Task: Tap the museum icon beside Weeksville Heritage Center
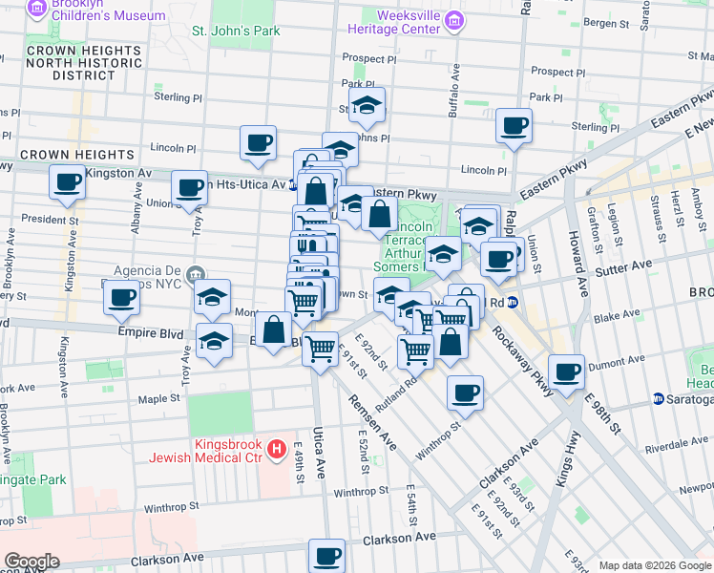454,21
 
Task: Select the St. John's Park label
236,31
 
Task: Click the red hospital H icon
277,448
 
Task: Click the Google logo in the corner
31,562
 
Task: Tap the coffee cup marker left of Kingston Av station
67,181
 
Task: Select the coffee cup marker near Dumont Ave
567,371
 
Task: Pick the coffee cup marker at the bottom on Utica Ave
326,554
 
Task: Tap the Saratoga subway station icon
659,398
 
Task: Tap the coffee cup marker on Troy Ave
190,187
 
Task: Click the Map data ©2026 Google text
655,565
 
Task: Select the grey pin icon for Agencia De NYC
197,272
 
